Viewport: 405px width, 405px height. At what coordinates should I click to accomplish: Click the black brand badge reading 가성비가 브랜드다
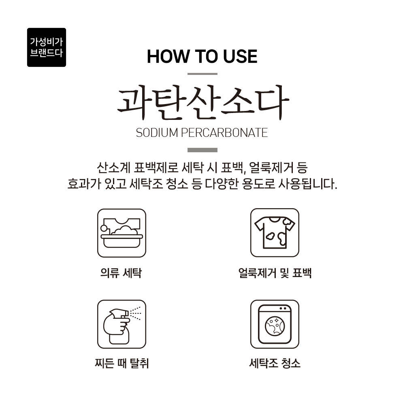click(x=47, y=47)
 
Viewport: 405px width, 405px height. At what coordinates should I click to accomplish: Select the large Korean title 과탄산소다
click(x=203, y=102)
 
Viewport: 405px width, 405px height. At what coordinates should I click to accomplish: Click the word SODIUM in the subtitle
click(x=157, y=133)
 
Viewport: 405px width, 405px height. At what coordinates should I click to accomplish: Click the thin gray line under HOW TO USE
click(x=202, y=74)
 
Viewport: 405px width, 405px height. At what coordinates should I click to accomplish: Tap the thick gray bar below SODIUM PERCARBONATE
click(x=202, y=150)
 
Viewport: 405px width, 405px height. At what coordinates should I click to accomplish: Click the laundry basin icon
click(x=122, y=233)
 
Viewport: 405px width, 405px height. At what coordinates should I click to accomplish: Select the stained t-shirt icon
click(x=275, y=233)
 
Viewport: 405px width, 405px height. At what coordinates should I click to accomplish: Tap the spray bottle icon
click(x=122, y=324)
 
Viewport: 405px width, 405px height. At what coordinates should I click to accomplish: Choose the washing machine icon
click(x=275, y=324)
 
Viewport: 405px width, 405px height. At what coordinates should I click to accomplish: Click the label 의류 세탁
click(x=121, y=273)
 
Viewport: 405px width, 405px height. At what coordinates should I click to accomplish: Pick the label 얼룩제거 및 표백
click(x=275, y=273)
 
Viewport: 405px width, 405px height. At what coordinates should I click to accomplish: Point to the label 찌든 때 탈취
click(x=122, y=363)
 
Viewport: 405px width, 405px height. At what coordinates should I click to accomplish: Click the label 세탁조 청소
click(x=275, y=363)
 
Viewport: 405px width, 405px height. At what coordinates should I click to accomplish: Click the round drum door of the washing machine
click(x=275, y=326)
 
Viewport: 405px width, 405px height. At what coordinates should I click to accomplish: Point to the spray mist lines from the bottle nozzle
click(x=135, y=313)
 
